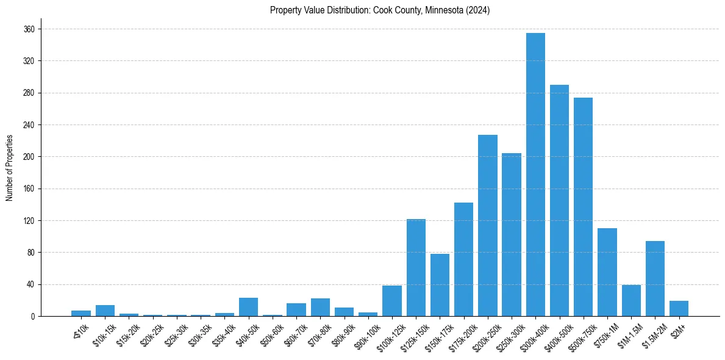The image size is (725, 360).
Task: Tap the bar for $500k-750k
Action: [583, 207]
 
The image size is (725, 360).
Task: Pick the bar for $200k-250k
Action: [488, 226]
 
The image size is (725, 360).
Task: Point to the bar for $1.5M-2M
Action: [655, 278]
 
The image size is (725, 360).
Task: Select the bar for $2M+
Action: [679, 308]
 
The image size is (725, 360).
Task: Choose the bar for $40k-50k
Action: [248, 307]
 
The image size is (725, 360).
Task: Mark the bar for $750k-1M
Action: [607, 272]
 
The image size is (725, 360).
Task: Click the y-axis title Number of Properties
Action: [9, 168]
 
